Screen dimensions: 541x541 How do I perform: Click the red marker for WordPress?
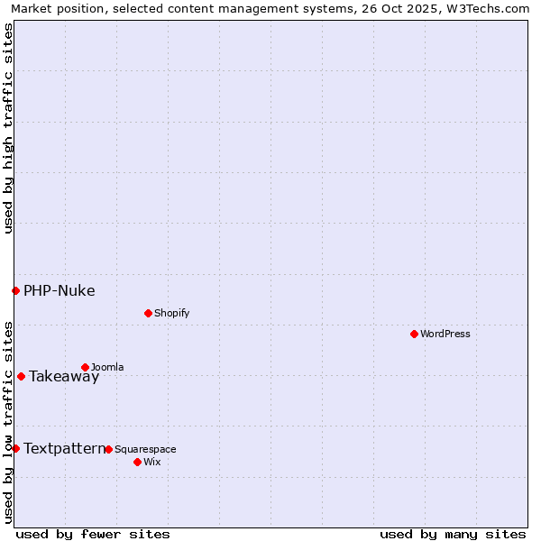pyautogui.click(x=414, y=334)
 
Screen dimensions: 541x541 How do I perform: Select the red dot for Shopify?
pyautogui.click(x=148, y=313)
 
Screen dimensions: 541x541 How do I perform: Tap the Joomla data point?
pyautogui.click(x=85, y=367)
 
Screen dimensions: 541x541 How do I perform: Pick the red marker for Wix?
pyautogui.click(x=137, y=462)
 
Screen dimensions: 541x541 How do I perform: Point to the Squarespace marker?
pyautogui.click(x=108, y=449)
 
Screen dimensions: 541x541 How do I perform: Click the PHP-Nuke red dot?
pyautogui.click(x=15, y=290)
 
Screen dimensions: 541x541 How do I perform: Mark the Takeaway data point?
pyautogui.click(x=21, y=376)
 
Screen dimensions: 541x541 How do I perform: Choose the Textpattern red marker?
pyautogui.click(x=15, y=448)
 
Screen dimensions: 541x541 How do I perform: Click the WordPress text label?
pyautogui.click(x=445, y=334)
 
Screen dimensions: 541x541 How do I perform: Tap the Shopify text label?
pyautogui.click(x=171, y=313)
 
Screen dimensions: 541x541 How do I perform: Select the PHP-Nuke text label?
pyautogui.click(x=60, y=290)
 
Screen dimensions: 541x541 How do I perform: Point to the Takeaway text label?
pyautogui.click(x=64, y=377)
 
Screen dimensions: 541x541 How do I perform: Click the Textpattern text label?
pyautogui.click(x=64, y=448)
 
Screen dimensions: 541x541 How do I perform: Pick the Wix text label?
pyautogui.click(x=151, y=462)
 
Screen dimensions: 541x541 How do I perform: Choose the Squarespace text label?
pyautogui.click(x=145, y=449)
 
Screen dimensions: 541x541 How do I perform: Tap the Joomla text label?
pyautogui.click(x=107, y=367)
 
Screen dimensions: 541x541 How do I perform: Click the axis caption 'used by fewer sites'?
pyautogui.click(x=93, y=534)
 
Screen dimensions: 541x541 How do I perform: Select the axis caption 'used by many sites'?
pyautogui.click(x=453, y=534)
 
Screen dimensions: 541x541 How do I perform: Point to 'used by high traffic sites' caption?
pyautogui.click(x=9, y=128)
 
